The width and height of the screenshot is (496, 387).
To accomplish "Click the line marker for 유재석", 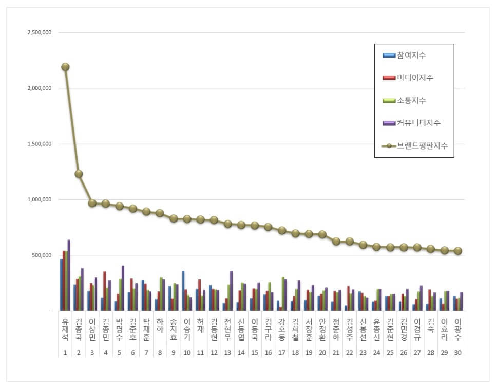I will pyautogui.click(x=65, y=67).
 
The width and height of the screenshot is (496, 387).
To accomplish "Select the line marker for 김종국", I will pyautogui.click(x=79, y=174).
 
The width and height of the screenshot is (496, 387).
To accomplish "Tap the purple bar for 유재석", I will pyautogui.click(x=69, y=275).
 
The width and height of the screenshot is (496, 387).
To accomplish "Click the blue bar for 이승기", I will pyautogui.click(x=183, y=291).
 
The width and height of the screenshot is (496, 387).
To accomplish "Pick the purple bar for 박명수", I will pyautogui.click(x=123, y=288).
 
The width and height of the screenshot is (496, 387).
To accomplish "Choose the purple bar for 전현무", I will pyautogui.click(x=232, y=291).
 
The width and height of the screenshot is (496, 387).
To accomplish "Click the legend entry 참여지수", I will pyautogui.click(x=411, y=55).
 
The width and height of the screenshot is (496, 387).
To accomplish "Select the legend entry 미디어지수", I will pyautogui.click(x=415, y=78).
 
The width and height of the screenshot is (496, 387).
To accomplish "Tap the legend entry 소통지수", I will pyautogui.click(x=411, y=100).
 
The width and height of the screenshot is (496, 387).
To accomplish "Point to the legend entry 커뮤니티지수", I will pyautogui.click(x=418, y=123).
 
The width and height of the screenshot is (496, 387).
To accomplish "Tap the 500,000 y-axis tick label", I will pyautogui.click(x=42, y=255).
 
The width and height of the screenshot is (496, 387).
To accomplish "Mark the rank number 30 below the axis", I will pyautogui.click(x=458, y=353).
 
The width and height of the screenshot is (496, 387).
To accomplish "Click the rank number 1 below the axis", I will pyautogui.click(x=65, y=353).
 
